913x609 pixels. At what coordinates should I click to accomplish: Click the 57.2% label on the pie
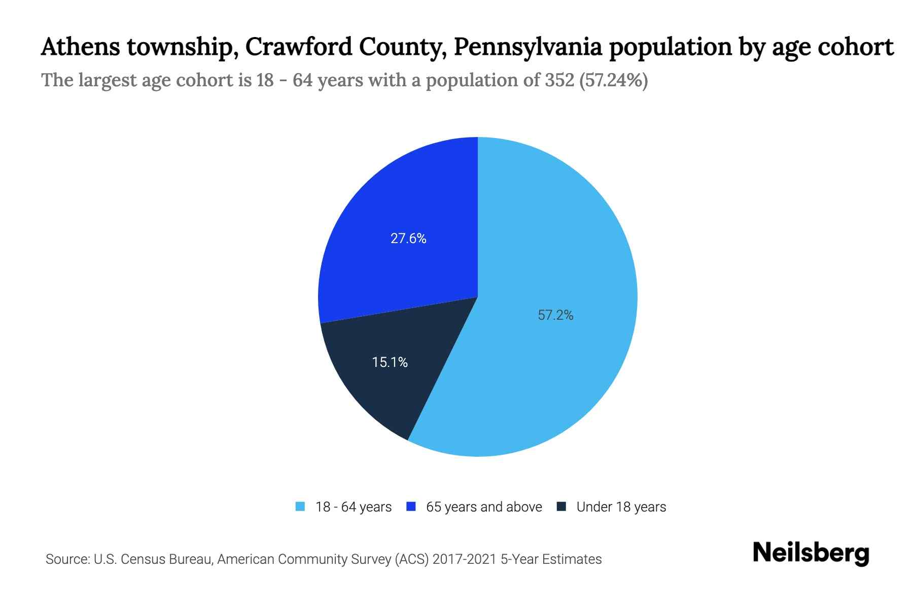[x=555, y=315]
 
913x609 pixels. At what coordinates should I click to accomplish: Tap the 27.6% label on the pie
[x=408, y=239]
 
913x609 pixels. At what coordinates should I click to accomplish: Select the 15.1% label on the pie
[x=390, y=362]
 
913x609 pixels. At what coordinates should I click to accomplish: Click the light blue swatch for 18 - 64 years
[x=300, y=506]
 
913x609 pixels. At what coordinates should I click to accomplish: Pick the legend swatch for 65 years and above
[x=411, y=506]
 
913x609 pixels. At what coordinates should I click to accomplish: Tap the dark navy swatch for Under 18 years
[x=561, y=506]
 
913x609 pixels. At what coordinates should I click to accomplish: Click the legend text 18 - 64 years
[x=354, y=507]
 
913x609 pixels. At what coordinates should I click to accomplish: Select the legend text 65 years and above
[x=484, y=507]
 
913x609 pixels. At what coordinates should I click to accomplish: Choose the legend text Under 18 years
[x=621, y=507]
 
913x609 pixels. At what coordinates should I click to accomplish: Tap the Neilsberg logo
[x=811, y=553]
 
